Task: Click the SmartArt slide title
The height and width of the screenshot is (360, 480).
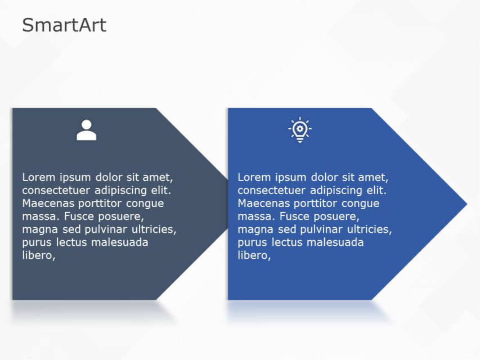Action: click(x=64, y=25)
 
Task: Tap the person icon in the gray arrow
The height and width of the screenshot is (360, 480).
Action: click(x=86, y=130)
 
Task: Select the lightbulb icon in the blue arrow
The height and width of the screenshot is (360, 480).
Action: click(x=300, y=130)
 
